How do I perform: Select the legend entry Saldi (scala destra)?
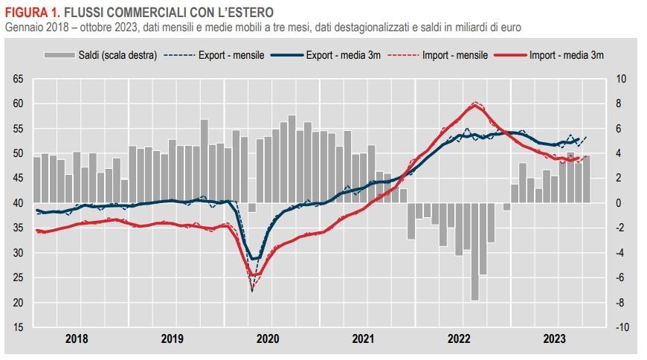point(100,56)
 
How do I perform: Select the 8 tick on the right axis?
point(619,103)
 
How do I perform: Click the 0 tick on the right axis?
point(619,203)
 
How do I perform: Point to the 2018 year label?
point(77,339)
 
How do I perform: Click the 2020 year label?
point(268,339)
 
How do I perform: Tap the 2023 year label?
point(554,339)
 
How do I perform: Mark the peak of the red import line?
point(476,104)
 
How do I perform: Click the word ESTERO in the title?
point(251,13)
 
